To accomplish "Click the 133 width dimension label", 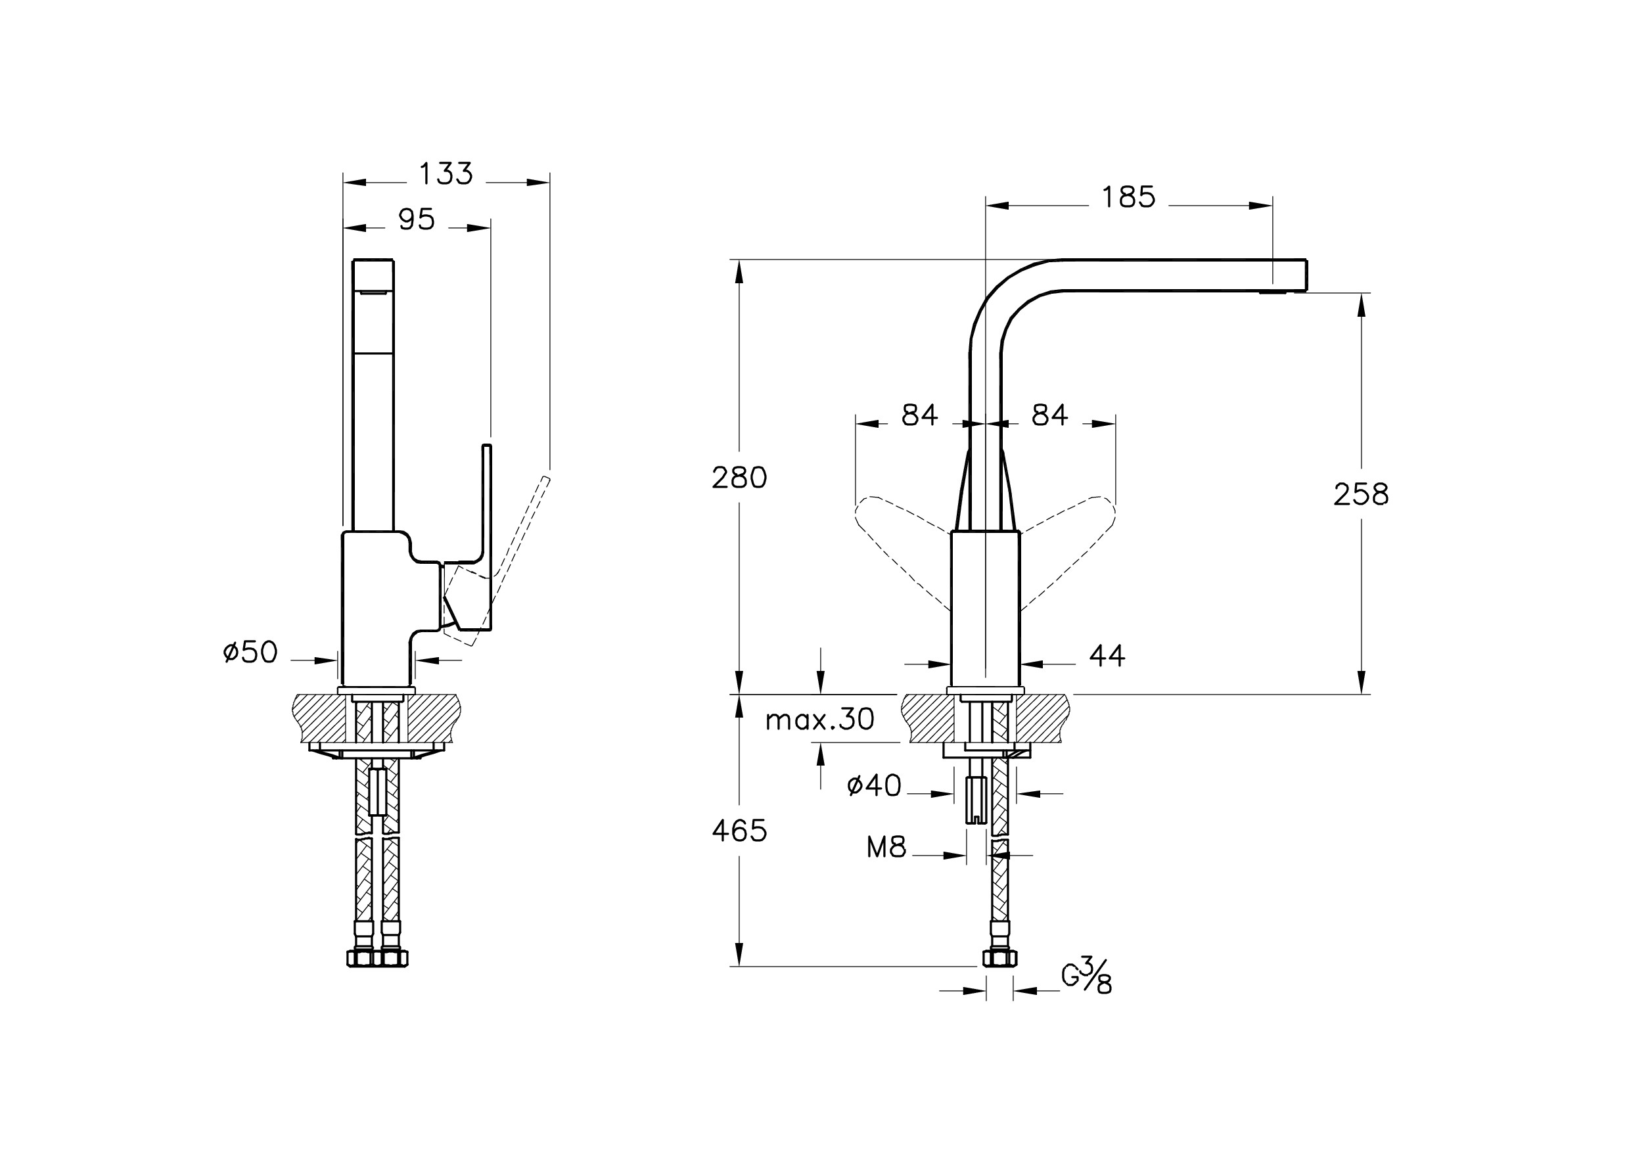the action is pyautogui.click(x=446, y=173).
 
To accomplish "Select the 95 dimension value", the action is pyautogui.click(x=417, y=220).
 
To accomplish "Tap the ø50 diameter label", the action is pyautogui.click(x=250, y=652).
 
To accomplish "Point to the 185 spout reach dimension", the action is pyautogui.click(x=1128, y=197).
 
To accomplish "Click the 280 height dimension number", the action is pyautogui.click(x=739, y=478).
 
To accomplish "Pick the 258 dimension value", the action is pyautogui.click(x=1361, y=494).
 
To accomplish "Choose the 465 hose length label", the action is pyautogui.click(x=739, y=831).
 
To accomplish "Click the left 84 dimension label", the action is pyautogui.click(x=919, y=415).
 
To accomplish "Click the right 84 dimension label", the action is pyautogui.click(x=1049, y=415).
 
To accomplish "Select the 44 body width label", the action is pyautogui.click(x=1107, y=656).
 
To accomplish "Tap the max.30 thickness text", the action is pyautogui.click(x=819, y=720).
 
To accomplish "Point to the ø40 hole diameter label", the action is pyautogui.click(x=874, y=785).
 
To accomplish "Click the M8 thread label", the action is pyautogui.click(x=886, y=847).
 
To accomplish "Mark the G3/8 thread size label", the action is pyautogui.click(x=1086, y=977).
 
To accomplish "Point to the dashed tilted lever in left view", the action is pyautogui.click(x=497, y=561).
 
